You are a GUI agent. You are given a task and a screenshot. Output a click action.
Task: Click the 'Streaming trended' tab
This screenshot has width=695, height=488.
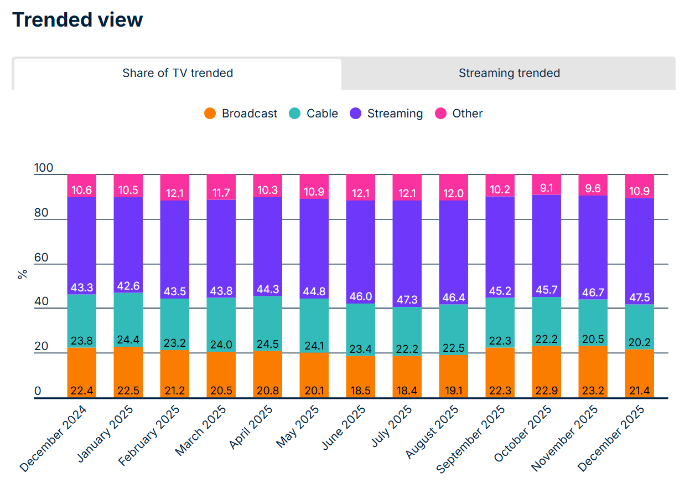click(509, 73)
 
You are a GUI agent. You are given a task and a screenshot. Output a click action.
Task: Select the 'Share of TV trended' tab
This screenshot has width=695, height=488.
click(178, 73)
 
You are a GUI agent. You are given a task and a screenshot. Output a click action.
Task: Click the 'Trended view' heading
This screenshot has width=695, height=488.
click(77, 20)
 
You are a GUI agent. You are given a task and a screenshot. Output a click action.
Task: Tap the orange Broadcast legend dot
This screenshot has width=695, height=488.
click(210, 114)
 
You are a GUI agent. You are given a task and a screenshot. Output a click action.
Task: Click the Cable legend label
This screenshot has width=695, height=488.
click(322, 114)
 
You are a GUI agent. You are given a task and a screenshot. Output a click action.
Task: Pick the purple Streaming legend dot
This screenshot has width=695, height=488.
click(356, 114)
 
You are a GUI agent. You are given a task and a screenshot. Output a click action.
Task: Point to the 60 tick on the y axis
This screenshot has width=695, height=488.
click(42, 258)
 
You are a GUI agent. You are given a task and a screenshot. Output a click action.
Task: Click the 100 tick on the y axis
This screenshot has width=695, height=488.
click(44, 168)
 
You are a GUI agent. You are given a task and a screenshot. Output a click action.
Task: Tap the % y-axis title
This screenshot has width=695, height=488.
click(23, 274)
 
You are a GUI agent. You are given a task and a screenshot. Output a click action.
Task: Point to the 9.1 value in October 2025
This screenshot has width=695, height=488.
click(546, 188)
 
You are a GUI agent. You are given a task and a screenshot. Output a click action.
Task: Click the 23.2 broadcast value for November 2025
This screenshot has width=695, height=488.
click(593, 391)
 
